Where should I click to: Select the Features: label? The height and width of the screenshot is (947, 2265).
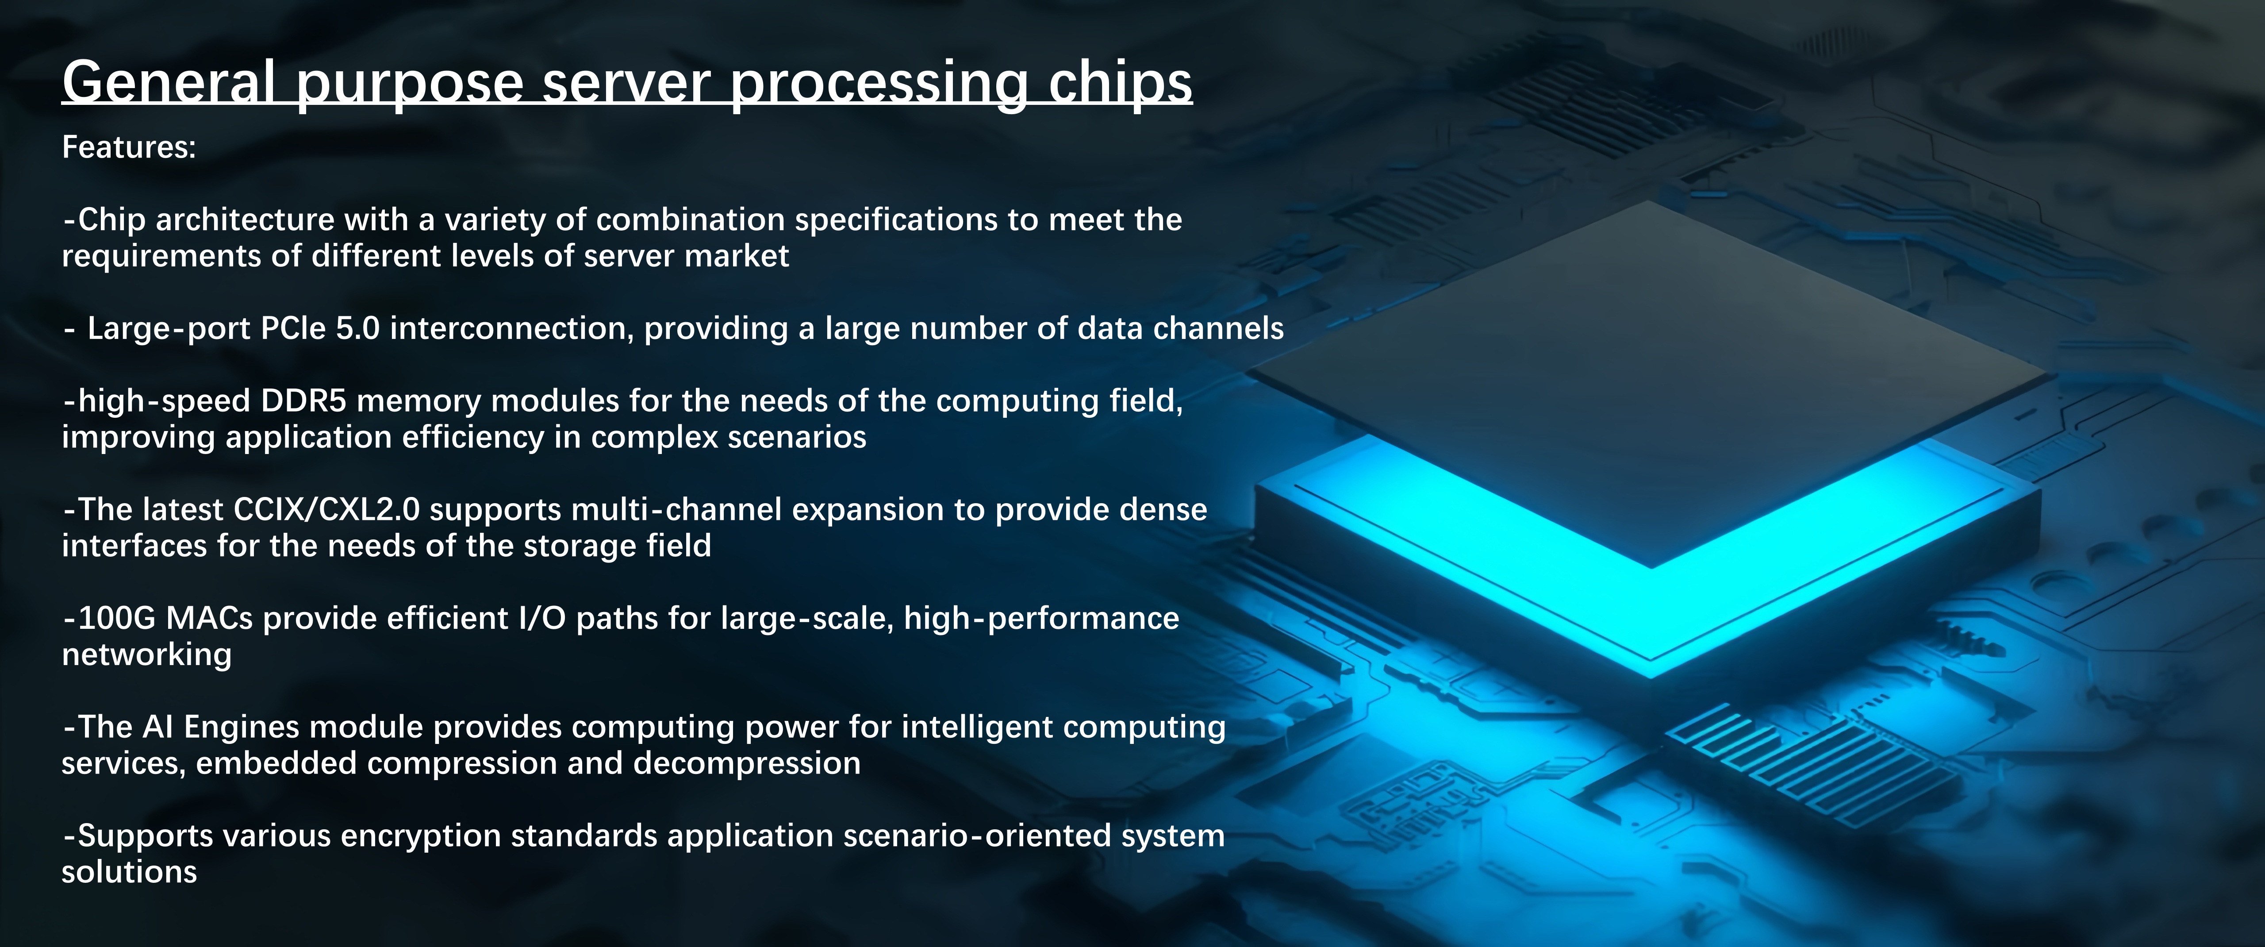tap(128, 147)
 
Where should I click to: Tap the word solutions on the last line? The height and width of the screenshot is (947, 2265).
tap(129, 872)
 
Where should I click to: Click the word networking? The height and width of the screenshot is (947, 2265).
tap(147, 655)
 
